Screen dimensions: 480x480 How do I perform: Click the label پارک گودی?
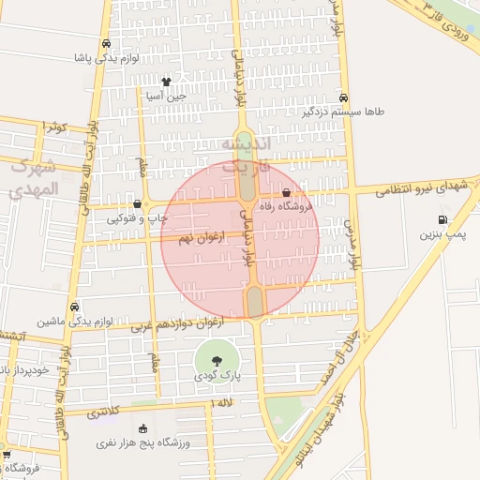217,375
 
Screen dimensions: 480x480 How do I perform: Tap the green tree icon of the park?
217,360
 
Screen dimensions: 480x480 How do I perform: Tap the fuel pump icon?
442,220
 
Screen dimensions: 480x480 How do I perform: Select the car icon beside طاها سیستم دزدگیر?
345,97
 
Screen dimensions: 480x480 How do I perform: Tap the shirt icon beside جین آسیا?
166,81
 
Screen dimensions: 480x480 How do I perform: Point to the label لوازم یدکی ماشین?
76,321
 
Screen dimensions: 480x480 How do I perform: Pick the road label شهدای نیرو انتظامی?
421,187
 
